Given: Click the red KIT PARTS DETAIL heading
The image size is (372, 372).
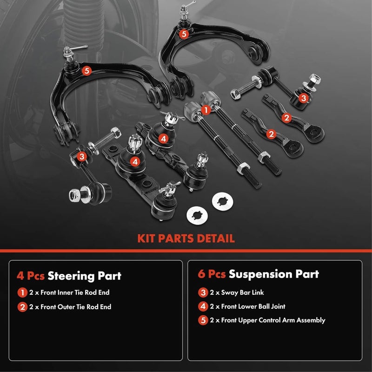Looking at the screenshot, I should tap(186, 239).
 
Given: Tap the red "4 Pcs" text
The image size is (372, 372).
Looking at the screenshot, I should tap(31, 275).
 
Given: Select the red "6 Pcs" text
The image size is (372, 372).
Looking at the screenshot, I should tap(212, 274).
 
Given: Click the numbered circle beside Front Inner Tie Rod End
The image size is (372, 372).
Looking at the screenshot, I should tap(22, 292).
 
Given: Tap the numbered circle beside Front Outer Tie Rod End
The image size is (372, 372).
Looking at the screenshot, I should tap(22, 306).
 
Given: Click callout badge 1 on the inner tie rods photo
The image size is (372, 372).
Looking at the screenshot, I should tap(205, 110).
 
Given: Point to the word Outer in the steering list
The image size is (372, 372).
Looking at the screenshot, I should tap(63, 306).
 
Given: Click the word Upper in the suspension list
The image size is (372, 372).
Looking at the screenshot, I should tap(249, 320).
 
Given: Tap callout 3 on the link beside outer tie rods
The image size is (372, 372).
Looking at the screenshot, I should tap(303, 98).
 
